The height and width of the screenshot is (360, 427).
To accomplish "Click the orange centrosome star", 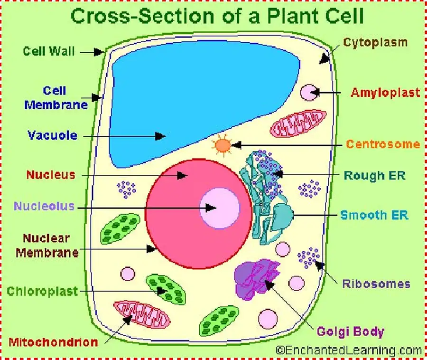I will (223, 145).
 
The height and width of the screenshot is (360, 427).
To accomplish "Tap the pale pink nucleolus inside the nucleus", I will (219, 208).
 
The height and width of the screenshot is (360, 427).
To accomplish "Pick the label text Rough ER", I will (374, 175).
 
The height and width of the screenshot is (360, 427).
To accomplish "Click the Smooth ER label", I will (374, 215).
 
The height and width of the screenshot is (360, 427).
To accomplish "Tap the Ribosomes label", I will (376, 284).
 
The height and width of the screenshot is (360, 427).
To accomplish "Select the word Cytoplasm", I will (375, 42).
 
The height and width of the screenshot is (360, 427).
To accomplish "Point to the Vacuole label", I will (52, 135).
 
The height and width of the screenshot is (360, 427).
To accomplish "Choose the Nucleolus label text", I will (44, 206).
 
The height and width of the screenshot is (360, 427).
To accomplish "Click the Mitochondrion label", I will (53, 341).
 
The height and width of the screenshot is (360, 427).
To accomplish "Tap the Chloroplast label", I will (42, 291).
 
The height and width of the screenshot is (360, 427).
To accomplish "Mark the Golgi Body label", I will (351, 331).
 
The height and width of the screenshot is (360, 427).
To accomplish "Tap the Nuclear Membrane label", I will (46, 245).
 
